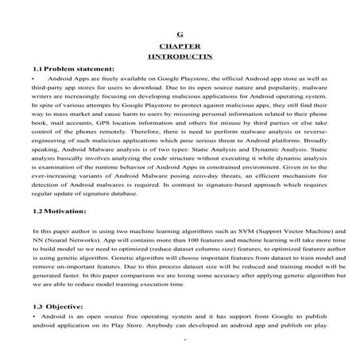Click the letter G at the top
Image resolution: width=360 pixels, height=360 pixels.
tap(180, 35)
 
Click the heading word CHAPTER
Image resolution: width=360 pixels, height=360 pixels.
tap(180, 48)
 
